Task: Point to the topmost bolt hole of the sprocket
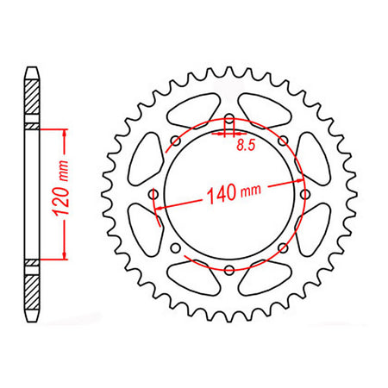point(228,118)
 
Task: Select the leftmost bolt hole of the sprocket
point(153,194)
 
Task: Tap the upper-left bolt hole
point(175,141)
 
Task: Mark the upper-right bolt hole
point(282,141)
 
